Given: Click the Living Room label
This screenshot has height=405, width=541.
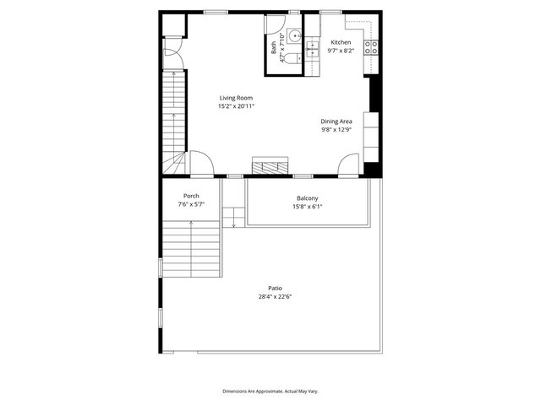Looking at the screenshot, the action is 236,98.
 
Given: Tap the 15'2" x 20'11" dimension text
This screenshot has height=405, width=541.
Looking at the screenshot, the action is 236,106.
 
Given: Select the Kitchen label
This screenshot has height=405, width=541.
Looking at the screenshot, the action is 341,42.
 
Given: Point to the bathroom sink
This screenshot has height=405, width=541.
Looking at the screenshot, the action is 295,35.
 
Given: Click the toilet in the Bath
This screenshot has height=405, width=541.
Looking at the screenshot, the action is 293,58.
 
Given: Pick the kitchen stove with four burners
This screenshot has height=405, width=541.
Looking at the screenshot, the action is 371,47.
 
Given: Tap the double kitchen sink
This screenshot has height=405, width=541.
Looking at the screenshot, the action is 312,49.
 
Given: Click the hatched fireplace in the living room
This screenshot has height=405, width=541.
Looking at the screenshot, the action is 270,165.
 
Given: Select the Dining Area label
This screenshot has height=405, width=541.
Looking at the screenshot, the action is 336,121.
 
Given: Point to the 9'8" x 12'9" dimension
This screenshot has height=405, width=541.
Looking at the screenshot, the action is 336,129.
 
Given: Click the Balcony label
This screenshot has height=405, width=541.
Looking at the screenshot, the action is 308,198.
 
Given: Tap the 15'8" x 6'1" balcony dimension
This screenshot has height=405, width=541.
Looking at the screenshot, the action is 308,207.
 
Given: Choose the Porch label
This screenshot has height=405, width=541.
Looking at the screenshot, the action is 191,196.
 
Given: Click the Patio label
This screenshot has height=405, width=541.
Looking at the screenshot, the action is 275,289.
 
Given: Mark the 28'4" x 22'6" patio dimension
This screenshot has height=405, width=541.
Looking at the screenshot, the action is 275,296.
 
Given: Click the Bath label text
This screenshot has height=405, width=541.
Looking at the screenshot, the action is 274,47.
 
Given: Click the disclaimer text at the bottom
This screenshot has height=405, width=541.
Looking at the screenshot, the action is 270,391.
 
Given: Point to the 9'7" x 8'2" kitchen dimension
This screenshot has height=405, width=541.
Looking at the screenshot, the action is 341,51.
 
